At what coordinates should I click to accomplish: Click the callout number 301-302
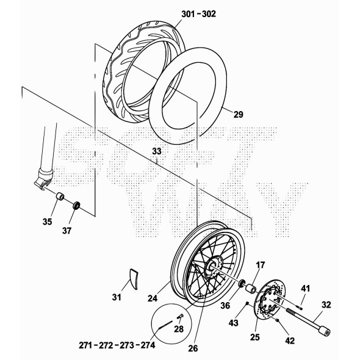click(x=198, y=14)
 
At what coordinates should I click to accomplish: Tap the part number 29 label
click(x=239, y=114)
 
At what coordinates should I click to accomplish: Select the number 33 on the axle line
click(x=157, y=151)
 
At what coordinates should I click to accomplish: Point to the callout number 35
click(x=48, y=221)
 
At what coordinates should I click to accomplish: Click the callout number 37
click(x=67, y=231)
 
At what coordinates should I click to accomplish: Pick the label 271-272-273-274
click(x=117, y=345)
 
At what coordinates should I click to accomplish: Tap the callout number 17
click(x=261, y=265)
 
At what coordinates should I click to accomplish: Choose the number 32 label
click(x=326, y=305)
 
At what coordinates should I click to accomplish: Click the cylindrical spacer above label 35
click(x=60, y=196)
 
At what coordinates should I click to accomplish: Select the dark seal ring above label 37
click(x=76, y=205)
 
